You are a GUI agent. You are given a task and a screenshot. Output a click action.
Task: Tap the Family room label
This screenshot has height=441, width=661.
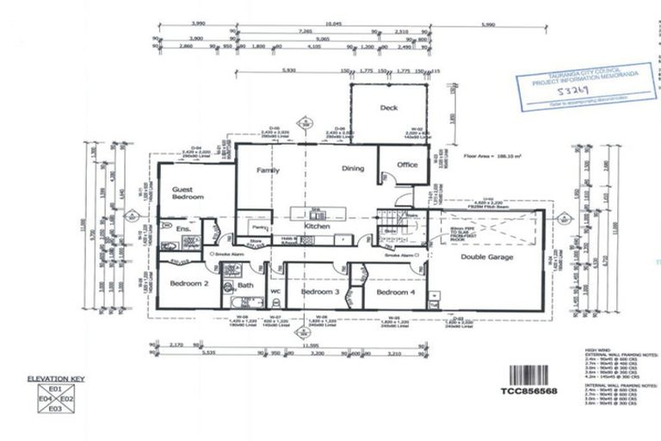[x=269, y=171]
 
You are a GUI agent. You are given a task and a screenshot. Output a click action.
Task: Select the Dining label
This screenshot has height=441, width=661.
[x=354, y=170]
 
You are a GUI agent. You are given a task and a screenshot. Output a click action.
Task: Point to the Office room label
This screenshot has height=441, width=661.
[x=406, y=165]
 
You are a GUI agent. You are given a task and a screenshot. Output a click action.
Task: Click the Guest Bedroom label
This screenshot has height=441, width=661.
[x=187, y=193]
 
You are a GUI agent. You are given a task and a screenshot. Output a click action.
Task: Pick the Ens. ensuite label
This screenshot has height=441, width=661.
[x=182, y=229]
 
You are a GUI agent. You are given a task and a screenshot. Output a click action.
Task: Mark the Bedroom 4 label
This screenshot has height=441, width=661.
[x=397, y=293]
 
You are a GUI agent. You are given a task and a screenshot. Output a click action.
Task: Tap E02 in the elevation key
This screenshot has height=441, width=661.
[x=69, y=400]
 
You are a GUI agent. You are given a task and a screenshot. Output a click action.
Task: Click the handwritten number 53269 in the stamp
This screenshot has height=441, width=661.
[x=565, y=90]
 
